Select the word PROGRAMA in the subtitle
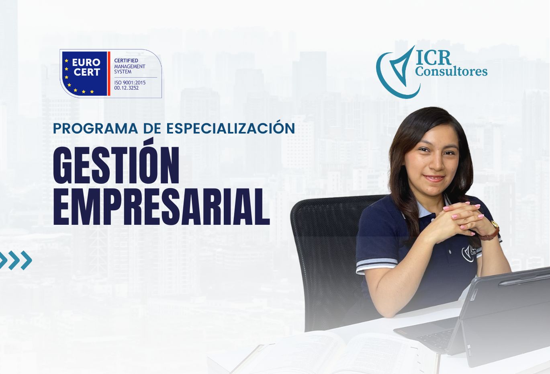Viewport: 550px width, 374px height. pyautogui.click(x=96, y=129)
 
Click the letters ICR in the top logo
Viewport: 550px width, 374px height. pyautogui.click(x=433, y=58)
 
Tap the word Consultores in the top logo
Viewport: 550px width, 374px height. pyautogui.click(x=451, y=72)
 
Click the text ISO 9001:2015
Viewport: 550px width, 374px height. pyautogui.click(x=130, y=82)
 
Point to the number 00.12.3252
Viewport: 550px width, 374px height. pyautogui.click(x=127, y=88)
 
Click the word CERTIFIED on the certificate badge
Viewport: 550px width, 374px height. pyautogui.click(x=126, y=60)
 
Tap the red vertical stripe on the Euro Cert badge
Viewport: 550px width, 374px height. pyautogui.click(x=109, y=73)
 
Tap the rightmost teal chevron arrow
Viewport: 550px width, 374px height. pyautogui.click(x=26, y=260)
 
